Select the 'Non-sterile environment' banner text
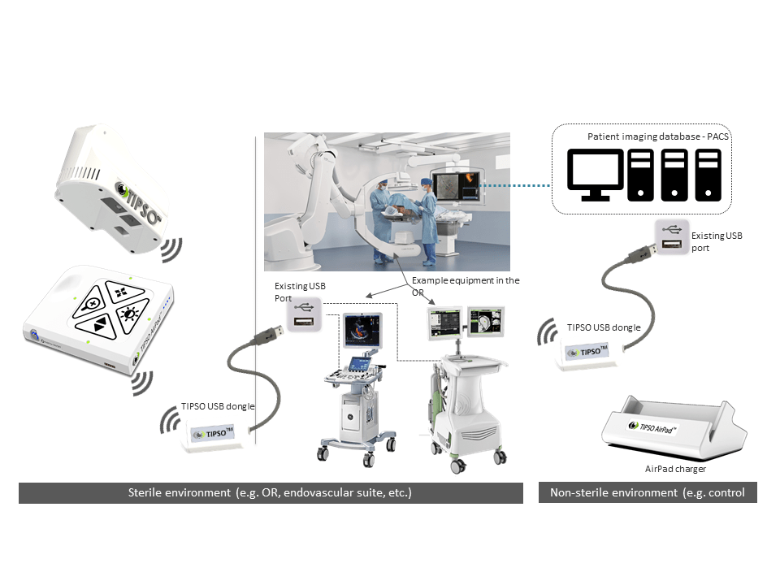(647, 492)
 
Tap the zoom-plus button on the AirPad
(93, 304)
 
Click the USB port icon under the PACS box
(671, 238)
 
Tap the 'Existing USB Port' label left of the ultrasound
(292, 292)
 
